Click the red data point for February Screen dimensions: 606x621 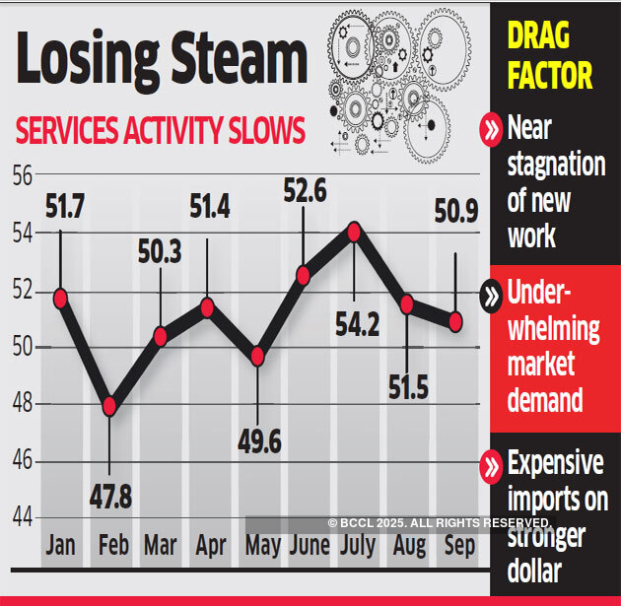pyautogui.click(x=109, y=406)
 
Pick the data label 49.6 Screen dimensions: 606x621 pyautogui.click(x=258, y=441)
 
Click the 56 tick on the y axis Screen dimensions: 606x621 pyautogui.click(x=22, y=176)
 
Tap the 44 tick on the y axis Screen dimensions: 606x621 pyautogui.click(x=22, y=517)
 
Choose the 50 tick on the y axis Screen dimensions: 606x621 pyautogui.click(x=22, y=347)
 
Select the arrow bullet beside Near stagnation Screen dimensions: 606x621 pyautogui.click(x=490, y=129)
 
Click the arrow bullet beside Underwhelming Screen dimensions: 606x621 pyautogui.click(x=490, y=295)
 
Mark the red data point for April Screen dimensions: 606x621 pyautogui.click(x=207, y=307)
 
